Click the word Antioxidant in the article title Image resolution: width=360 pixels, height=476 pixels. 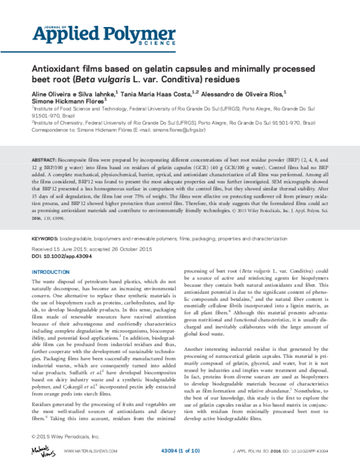(x=52, y=68)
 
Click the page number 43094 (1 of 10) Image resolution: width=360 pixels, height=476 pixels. (x=182, y=450)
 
